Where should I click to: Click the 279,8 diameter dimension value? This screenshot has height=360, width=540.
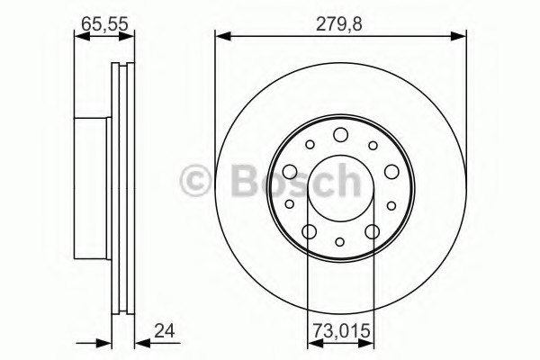[339, 24]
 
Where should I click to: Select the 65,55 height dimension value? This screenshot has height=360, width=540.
[104, 24]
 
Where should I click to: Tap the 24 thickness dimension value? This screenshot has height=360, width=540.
[165, 331]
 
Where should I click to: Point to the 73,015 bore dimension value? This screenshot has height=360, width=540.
[341, 331]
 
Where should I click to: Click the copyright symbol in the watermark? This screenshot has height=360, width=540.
[195, 181]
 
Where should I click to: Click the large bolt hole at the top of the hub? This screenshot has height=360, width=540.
[340, 135]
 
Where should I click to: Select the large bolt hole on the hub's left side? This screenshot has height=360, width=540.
[290, 172]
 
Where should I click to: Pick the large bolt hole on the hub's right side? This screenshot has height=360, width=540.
[391, 172]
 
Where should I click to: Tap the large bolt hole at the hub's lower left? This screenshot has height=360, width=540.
[310, 231]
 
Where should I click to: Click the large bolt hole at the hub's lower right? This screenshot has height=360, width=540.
[373, 231]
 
